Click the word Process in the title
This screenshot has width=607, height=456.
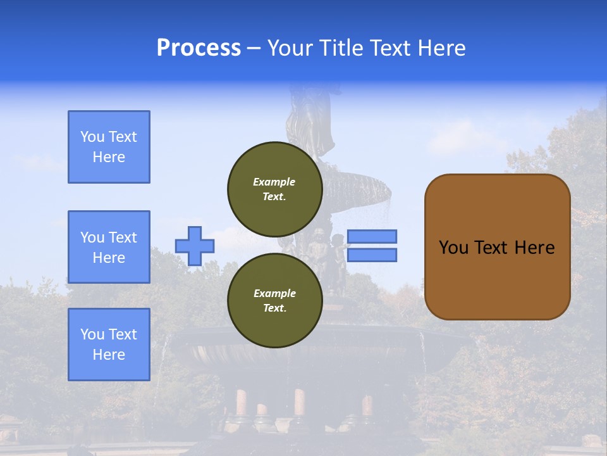click(x=199, y=48)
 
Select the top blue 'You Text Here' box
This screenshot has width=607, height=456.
click(x=109, y=147)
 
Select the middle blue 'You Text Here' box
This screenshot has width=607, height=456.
click(x=109, y=247)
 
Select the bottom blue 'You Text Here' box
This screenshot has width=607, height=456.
click(x=109, y=345)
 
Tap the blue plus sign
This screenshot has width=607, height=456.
click(x=195, y=246)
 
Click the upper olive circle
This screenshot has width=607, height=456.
click(x=274, y=189)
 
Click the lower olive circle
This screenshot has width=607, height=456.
click(x=274, y=301)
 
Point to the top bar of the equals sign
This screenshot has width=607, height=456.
click(x=372, y=236)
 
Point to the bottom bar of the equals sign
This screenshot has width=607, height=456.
click(x=372, y=255)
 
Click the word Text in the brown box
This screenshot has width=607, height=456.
click(x=492, y=248)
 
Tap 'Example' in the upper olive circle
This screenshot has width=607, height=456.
click(x=274, y=182)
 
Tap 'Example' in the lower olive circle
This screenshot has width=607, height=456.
click(x=274, y=293)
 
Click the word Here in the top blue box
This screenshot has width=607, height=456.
click(x=109, y=157)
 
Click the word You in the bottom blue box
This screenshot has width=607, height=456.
click(x=92, y=334)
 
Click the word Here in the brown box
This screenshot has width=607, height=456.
click(x=535, y=248)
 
